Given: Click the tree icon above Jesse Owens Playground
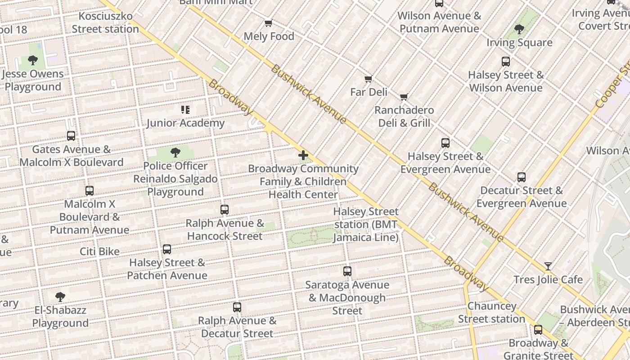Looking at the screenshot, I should click(32, 60).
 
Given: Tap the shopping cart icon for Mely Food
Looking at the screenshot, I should click(269, 23).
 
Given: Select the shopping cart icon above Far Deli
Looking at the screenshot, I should click(369, 79).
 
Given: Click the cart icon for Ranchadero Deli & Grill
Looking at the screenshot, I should click(404, 97).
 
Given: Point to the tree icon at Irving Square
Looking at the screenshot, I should click(519, 30).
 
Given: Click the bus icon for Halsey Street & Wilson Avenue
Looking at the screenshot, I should click(506, 62).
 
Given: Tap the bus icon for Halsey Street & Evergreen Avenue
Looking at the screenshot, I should click(445, 143).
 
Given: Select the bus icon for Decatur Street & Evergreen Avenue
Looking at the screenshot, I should click(522, 177).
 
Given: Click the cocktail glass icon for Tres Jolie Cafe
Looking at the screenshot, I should click(548, 266).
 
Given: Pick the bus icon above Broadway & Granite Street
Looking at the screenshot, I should click(538, 330).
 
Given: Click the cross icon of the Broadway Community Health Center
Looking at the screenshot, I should click(303, 156).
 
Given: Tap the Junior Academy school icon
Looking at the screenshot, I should click(185, 110).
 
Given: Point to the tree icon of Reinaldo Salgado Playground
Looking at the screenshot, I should click(175, 153).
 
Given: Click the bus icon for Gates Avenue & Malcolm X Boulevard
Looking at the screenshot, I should click(71, 136).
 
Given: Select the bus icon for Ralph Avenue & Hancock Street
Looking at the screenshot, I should click(225, 210).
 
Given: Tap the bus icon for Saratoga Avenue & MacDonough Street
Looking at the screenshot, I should click(347, 271).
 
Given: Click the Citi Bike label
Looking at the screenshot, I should click(99, 252).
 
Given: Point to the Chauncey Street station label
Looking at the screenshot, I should click(491, 312).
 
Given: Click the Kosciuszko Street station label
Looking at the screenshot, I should click(105, 22).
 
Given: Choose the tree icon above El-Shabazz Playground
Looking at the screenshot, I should click(60, 297).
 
